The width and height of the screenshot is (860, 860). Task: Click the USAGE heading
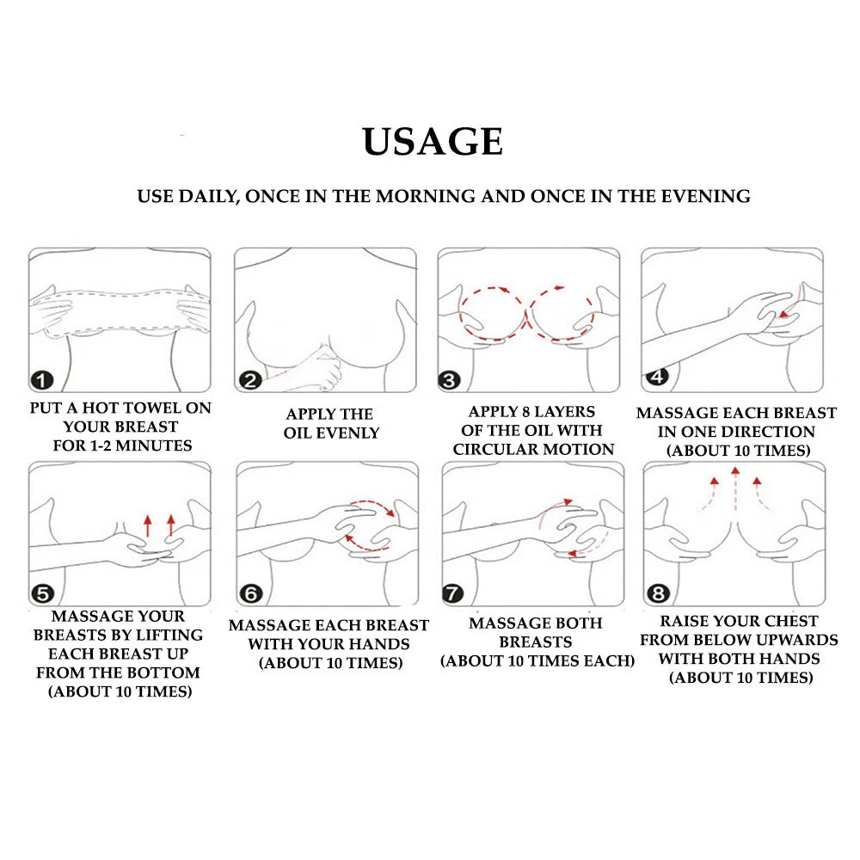pos(433,142)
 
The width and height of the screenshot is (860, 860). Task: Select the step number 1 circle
pos(42,379)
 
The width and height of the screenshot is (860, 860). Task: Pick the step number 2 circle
pos(250,379)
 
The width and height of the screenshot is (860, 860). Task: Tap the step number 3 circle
pos(449,379)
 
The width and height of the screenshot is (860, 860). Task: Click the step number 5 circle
pos(42,593)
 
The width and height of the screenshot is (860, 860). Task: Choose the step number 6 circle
pos(250,593)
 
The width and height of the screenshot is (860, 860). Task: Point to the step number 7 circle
pos(452,593)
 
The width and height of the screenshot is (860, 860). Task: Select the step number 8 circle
pos(658,593)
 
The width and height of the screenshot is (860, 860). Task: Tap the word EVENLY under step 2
pos(347,433)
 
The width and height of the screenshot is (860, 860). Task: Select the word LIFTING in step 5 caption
pos(169,635)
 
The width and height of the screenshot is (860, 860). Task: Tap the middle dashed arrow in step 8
pos(735,489)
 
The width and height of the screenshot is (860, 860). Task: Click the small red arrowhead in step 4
pos(783,314)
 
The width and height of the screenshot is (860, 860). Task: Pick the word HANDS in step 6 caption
pos(381,644)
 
